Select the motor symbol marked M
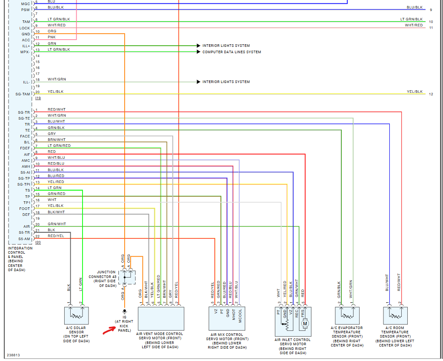pyautogui.click(x=305, y=324)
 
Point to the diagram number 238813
pyautogui.click(x=13, y=355)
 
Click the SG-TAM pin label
pyautogui.click(x=23, y=94)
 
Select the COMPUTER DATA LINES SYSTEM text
pyautogui.click(x=232, y=52)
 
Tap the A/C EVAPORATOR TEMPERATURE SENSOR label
pyautogui.click(x=347, y=336)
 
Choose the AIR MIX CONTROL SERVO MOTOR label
pyautogui.click(x=228, y=341)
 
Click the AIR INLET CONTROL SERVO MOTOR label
pyautogui.click(x=293, y=346)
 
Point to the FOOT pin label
pyautogui.click(x=25, y=209)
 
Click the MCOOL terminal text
pyautogui.click(x=240, y=316)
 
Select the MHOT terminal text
pyautogui.click(x=234, y=315)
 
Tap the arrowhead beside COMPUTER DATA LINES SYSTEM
pyautogui.click(x=198, y=52)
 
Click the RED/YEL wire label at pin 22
pyautogui.click(x=56, y=236)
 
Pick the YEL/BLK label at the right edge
pyautogui.click(x=414, y=92)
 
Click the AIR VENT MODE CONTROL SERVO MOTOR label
pyautogui.click(x=160, y=340)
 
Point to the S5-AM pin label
pyautogui.click(x=24, y=239)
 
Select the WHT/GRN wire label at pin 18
pyautogui.click(x=57, y=80)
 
